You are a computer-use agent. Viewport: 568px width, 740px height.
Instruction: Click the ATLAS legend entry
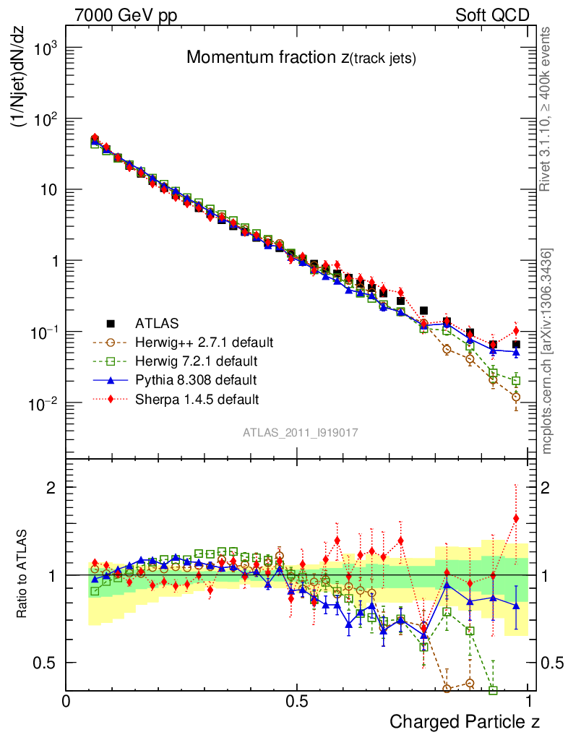coord(155,322)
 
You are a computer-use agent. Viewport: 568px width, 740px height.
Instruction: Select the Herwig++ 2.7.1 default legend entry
coord(205,341)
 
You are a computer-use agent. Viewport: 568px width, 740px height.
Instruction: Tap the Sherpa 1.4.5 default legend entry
coord(197,398)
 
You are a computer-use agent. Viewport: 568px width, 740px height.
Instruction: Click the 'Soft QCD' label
coord(492,14)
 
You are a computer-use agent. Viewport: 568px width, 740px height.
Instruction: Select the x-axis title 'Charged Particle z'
coord(465,721)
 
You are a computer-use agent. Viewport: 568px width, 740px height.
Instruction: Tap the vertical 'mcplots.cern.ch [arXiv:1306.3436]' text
coord(547,350)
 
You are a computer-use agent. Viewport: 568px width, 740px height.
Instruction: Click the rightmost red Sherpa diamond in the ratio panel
coord(516,518)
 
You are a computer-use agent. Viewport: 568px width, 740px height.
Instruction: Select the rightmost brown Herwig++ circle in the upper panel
coord(516,397)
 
